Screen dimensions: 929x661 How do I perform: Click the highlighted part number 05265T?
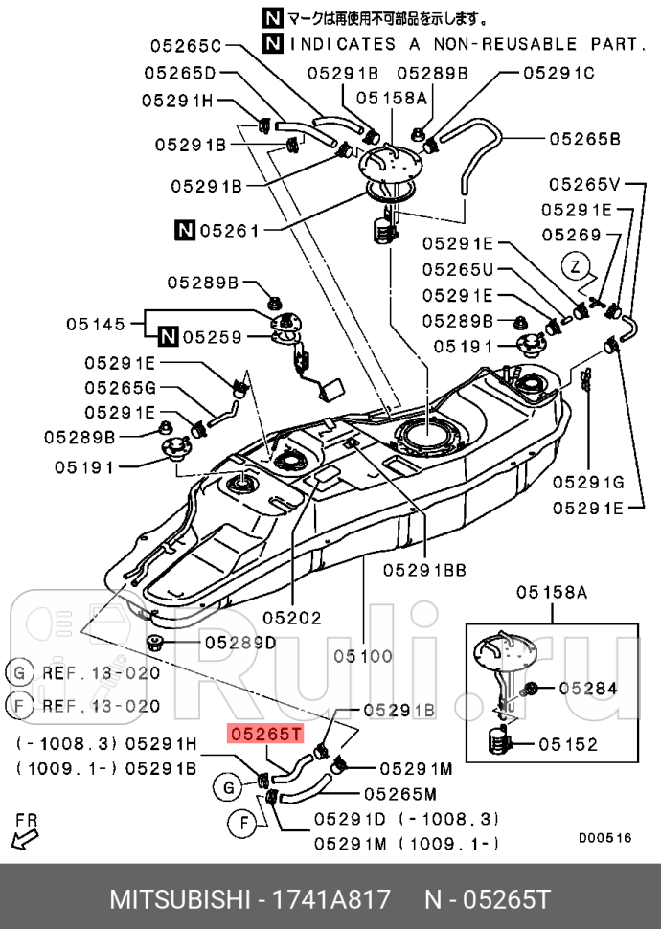264,735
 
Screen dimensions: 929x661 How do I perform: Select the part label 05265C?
185,45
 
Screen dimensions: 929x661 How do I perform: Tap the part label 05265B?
584,139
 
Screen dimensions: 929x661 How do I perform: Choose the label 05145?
96,325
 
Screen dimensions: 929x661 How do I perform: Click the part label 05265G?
119,388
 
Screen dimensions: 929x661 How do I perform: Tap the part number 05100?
363,656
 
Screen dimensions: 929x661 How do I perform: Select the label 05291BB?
424,570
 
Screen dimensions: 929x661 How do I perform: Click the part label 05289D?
239,643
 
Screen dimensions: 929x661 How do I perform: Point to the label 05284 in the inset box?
587,688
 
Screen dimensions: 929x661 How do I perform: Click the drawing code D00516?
604,837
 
